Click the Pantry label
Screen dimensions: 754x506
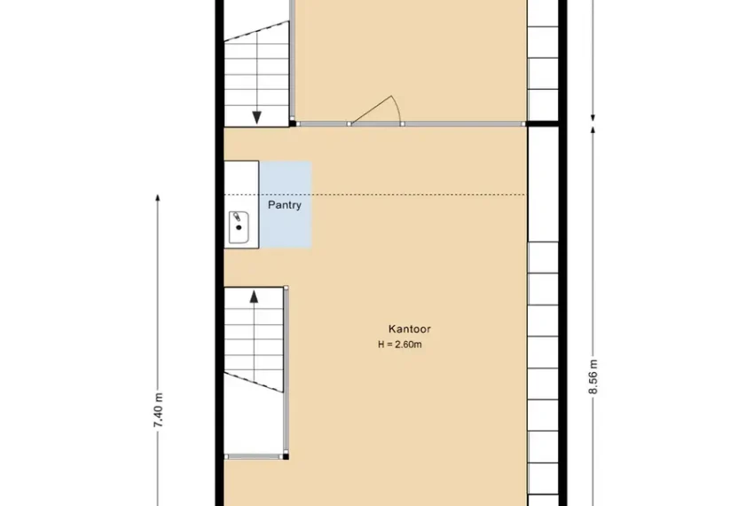[285, 205]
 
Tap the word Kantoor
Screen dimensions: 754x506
[410, 329]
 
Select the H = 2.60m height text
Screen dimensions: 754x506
[400, 344]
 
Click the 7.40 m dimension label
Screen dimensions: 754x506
[159, 410]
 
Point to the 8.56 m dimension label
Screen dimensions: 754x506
[593, 377]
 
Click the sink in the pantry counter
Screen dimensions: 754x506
[239, 227]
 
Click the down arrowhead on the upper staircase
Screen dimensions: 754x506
[256, 117]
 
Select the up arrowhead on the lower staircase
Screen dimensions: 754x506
[254, 296]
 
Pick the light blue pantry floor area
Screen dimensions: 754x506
[286, 204]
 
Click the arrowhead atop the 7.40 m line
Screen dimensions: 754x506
[158, 198]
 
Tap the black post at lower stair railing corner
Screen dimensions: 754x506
[286, 456]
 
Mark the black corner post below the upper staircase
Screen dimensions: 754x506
[293, 123]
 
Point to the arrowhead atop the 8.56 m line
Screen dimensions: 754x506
[593, 130]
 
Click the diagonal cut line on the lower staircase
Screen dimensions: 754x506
[254, 382]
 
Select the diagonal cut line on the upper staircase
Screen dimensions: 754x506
[256, 30]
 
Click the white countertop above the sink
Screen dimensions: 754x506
[242, 186]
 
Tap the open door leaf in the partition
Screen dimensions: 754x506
[371, 110]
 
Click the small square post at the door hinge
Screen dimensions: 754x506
[350, 124]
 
